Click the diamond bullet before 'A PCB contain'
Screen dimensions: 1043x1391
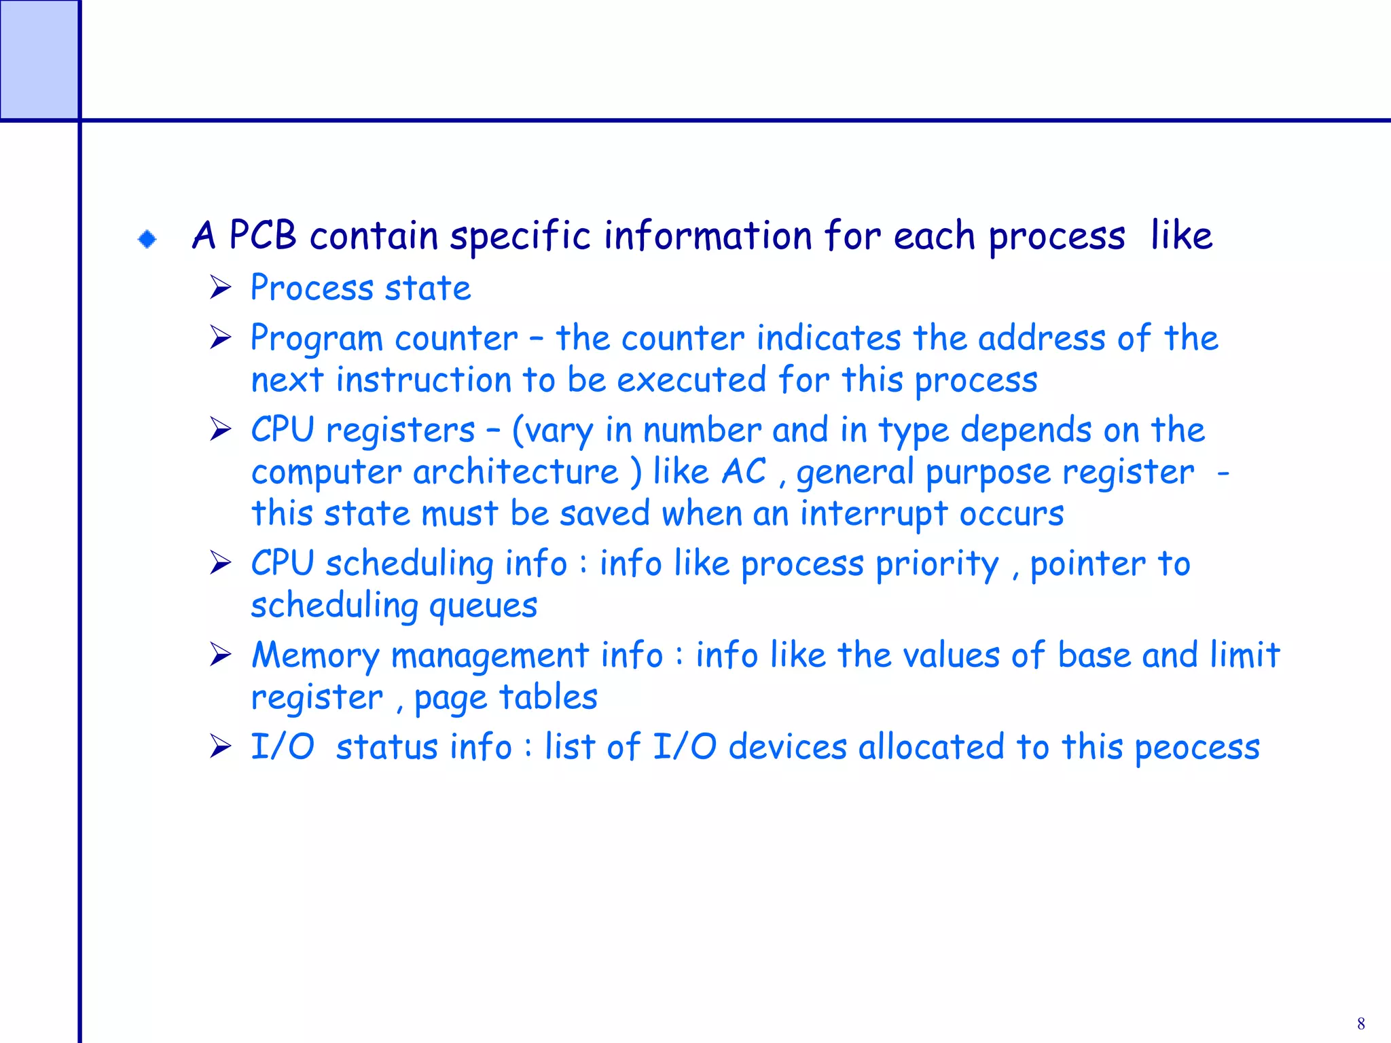tap(147, 239)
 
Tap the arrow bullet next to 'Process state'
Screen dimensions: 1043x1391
tap(220, 287)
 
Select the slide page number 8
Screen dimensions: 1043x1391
tap(1360, 1023)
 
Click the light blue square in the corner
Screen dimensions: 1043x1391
tap(39, 59)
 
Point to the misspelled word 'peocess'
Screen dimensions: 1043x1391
tap(1197, 748)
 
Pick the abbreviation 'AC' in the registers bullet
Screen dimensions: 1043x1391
tap(744, 471)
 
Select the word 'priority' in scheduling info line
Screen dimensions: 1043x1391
tap(937, 564)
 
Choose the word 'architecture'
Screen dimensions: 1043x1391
tap(516, 472)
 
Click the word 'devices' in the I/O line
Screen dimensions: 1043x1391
tap(787, 747)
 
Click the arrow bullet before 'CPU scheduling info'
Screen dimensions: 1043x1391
tap(220, 563)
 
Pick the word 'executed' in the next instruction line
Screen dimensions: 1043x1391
tap(691, 380)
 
